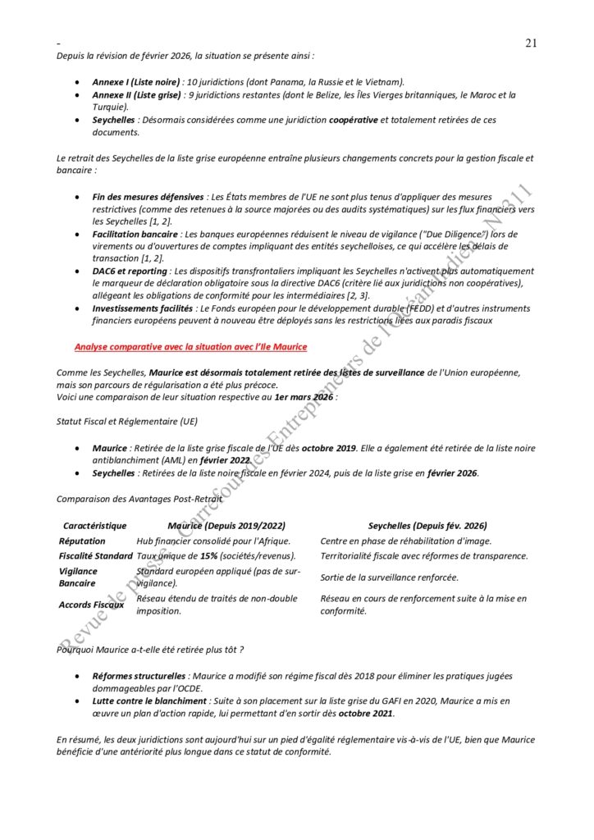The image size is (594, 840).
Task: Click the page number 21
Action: coord(531,43)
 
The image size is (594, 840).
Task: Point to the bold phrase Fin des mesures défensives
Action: coord(148,197)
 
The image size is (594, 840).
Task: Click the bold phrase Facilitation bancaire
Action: coord(135,234)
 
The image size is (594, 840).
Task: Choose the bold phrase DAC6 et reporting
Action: coord(130,271)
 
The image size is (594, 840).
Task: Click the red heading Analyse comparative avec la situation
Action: coord(191,347)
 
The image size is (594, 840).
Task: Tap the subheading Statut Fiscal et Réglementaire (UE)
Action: coord(127,421)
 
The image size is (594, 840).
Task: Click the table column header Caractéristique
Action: coord(95,525)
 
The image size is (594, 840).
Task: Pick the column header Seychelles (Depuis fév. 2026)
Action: coord(427,525)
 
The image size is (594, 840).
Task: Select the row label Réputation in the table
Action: coord(82,541)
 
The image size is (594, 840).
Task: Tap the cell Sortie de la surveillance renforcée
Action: coord(389,577)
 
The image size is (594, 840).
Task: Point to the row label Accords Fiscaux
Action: coord(91,605)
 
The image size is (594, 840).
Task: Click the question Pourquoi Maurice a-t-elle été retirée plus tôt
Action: coord(150,649)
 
